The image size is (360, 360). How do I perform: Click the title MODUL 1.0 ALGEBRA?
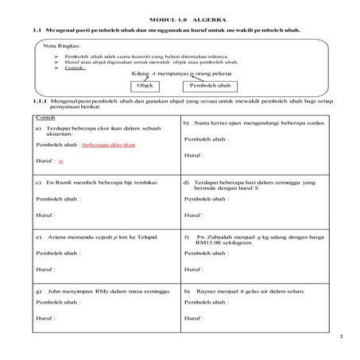tap(179, 17)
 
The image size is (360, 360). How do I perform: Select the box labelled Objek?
tap(144, 84)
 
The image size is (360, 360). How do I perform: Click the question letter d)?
tap(186, 182)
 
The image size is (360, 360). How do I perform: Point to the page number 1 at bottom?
tap(339, 339)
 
